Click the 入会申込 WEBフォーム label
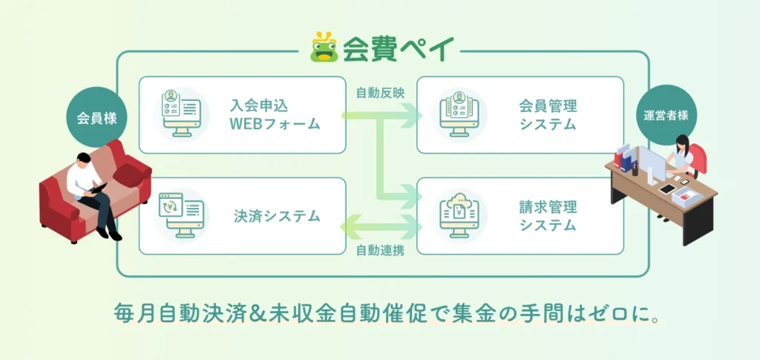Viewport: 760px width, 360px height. click(x=275, y=114)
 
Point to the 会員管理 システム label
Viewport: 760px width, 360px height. click(x=548, y=114)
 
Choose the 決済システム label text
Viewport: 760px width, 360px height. click(x=275, y=216)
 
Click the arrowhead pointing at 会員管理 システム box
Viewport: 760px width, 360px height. click(x=409, y=115)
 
